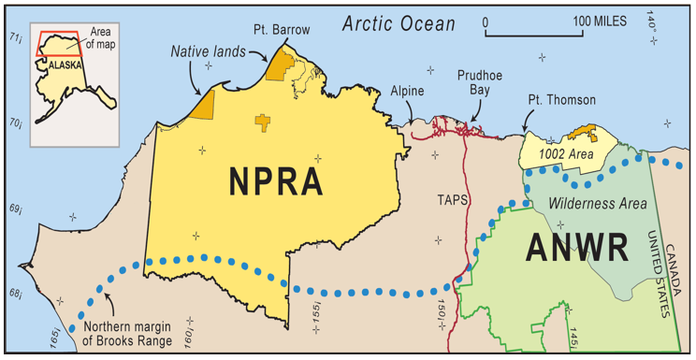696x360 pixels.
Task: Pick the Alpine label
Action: (x=408, y=91)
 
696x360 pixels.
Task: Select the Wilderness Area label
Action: (x=589, y=201)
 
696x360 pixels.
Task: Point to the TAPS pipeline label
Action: (x=453, y=199)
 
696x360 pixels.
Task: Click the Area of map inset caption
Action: (x=100, y=40)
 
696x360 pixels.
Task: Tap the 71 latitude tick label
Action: (x=14, y=38)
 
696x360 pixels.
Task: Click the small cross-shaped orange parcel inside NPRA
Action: (x=265, y=122)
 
